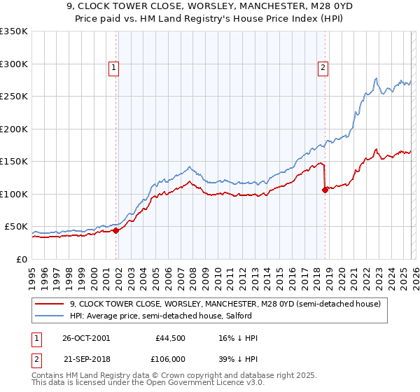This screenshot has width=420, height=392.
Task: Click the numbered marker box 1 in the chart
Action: (x=113, y=68)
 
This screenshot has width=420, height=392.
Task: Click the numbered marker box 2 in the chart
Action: (x=323, y=68)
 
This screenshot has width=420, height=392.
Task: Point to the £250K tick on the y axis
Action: (x=14, y=97)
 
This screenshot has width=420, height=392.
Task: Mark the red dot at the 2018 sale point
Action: (x=325, y=190)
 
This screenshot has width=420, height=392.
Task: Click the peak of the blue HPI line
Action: (x=377, y=78)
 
